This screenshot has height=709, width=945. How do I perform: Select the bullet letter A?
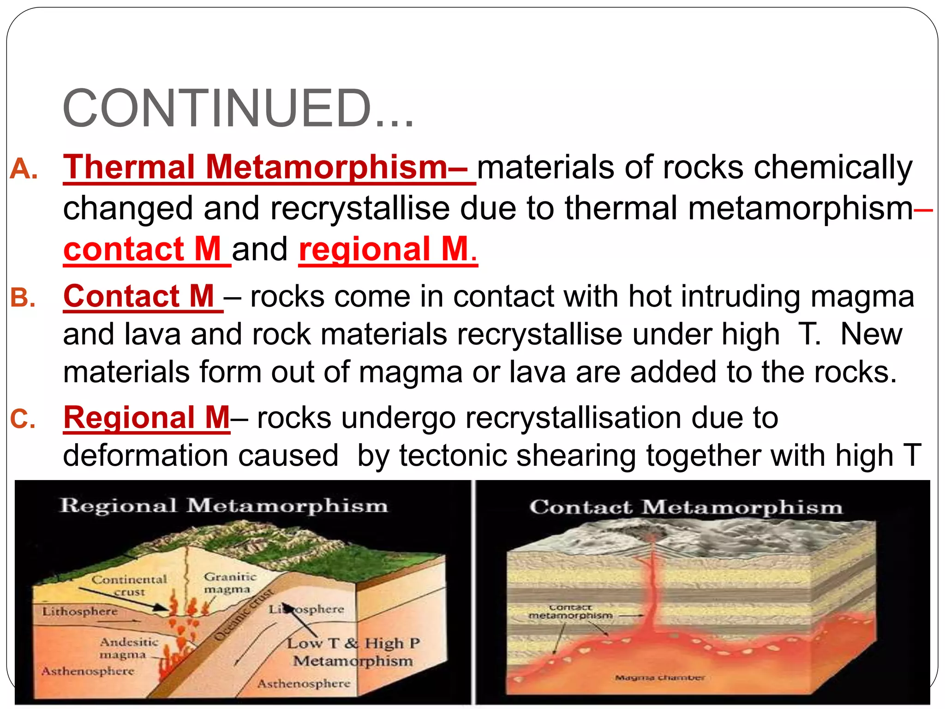pos(23,169)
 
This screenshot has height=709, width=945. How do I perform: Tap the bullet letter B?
pos(23,298)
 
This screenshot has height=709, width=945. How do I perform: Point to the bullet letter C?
pos(23,420)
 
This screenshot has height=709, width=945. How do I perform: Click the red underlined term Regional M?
pos(146,418)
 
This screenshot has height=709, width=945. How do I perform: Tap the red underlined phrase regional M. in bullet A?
pos(388,249)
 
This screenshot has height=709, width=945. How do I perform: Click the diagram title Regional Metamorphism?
pos(224,506)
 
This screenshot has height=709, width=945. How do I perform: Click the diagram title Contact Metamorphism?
pos(686,508)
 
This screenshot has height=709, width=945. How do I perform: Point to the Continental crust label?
pos(129,585)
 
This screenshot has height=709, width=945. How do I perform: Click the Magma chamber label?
pos(659,678)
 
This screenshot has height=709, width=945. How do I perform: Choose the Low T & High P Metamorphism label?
pos(353,652)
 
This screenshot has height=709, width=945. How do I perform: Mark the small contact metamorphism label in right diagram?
pos(570,612)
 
